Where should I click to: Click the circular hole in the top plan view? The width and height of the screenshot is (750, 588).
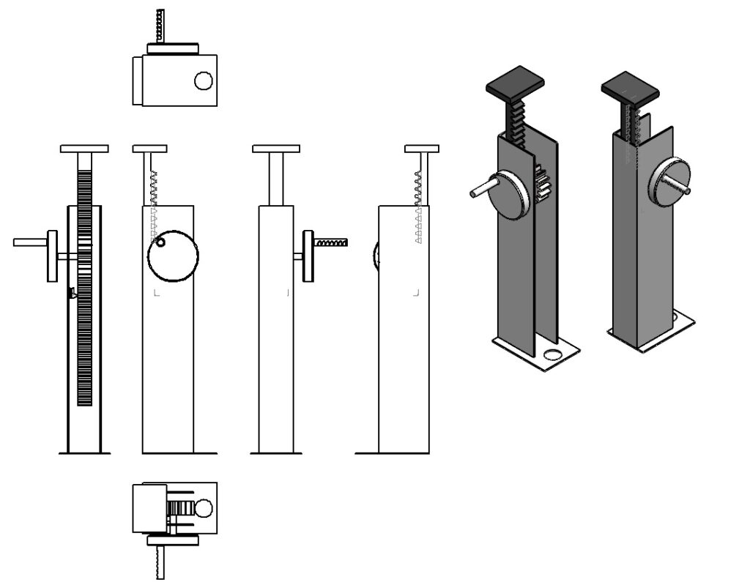204,81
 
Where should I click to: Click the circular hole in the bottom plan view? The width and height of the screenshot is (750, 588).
204,507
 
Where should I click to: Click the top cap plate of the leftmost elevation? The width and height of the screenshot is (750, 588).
84,149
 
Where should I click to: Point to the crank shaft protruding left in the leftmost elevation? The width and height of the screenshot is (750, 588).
29,242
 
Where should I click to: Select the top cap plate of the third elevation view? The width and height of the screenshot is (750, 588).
276,149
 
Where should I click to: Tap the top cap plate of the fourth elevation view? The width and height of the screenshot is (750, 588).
422,149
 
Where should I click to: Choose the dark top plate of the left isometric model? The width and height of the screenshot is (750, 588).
516,81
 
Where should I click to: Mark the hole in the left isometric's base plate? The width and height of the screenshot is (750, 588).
554,354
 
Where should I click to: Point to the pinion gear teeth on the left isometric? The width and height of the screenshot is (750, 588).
543,183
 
